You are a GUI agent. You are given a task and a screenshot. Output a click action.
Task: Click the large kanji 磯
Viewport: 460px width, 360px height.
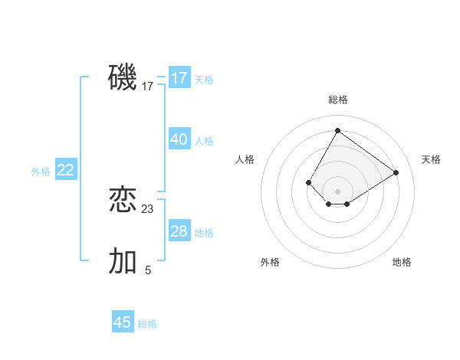[123, 77]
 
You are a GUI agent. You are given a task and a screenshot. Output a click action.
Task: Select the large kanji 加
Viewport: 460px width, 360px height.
[123, 261]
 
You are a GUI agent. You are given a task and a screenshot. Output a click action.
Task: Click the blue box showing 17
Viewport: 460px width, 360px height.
[179, 78]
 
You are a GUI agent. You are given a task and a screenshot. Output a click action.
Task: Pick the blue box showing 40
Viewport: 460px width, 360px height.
[179, 139]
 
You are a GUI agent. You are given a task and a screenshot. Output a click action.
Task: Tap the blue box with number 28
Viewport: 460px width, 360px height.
[179, 231]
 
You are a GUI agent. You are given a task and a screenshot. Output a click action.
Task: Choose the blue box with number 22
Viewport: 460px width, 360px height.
[66, 170]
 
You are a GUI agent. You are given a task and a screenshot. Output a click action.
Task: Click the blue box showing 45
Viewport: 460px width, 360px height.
[123, 322]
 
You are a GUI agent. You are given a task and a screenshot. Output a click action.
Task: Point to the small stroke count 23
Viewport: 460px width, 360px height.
[148, 208]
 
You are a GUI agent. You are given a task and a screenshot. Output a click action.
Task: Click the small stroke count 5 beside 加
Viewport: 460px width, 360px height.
[148, 270]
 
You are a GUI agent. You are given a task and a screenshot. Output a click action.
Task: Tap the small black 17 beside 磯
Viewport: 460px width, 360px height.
[148, 87]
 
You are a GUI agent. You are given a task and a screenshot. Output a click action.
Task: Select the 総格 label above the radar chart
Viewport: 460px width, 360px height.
[338, 100]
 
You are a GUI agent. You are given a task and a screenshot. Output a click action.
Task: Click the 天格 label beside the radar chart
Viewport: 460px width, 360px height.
[431, 159]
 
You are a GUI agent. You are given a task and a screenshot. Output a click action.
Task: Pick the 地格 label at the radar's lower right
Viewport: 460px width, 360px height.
[402, 262]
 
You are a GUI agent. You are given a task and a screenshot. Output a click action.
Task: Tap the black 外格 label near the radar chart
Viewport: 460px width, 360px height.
[270, 262]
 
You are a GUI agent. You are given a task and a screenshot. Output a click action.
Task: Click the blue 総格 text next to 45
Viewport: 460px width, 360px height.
[147, 324]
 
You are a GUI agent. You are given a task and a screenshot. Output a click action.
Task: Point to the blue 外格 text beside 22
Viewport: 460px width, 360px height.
[41, 172]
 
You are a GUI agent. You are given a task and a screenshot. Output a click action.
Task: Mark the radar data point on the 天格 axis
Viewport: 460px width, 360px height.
[396, 173]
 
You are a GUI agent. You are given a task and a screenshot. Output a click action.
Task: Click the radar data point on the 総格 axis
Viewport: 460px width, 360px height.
[337, 131]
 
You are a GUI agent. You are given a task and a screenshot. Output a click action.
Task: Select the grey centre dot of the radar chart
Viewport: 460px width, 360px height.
[337, 191]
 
